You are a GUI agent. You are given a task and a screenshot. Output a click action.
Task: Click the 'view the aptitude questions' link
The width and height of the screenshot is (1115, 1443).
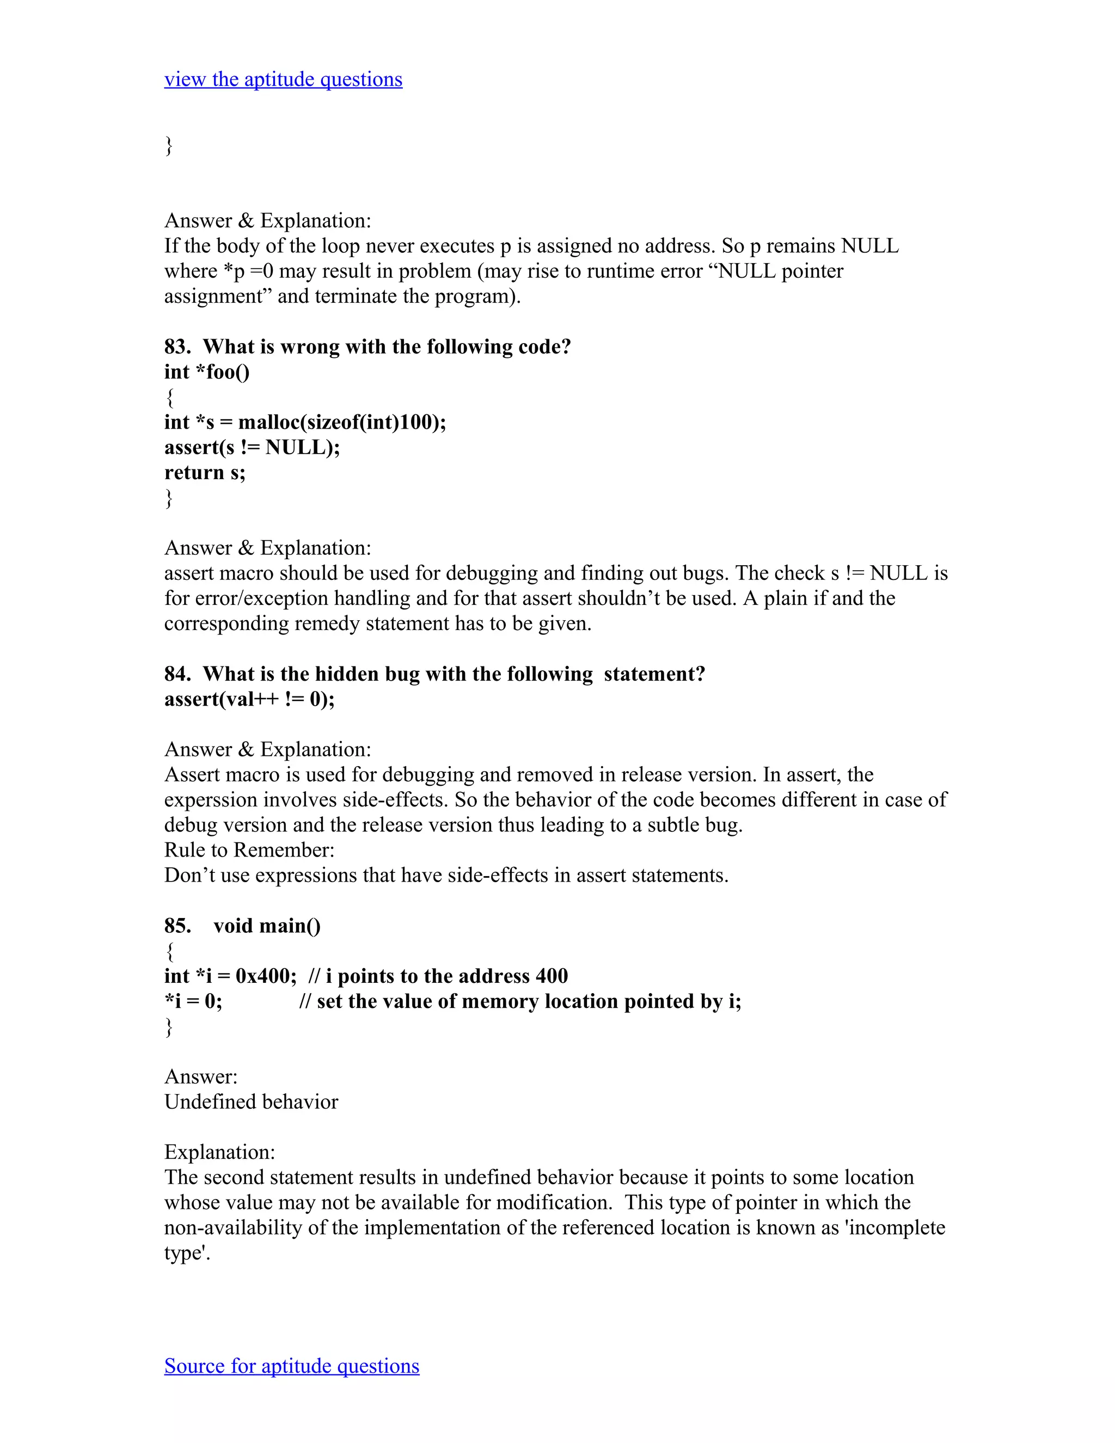point(283,80)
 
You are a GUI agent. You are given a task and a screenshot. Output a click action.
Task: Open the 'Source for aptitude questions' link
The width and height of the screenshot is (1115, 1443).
point(291,1366)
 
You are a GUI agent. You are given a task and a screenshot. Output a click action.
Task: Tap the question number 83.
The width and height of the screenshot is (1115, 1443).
point(176,347)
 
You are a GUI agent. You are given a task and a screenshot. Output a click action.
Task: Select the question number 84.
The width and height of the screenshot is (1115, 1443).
point(176,674)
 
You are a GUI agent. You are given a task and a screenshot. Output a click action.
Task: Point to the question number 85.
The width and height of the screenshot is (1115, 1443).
point(176,926)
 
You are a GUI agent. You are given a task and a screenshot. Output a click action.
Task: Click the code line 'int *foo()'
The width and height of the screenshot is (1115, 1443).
point(207,372)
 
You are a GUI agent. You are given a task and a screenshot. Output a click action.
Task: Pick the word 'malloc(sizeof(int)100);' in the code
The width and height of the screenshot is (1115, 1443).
point(342,422)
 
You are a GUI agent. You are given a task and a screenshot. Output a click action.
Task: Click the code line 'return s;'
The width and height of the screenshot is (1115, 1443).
point(205,473)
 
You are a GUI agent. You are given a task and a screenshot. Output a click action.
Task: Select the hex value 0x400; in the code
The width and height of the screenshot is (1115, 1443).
point(266,976)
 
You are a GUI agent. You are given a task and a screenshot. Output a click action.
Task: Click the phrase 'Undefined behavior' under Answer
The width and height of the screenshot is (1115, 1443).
point(251,1102)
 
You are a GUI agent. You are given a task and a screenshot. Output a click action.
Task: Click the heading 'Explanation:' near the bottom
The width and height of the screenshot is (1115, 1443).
point(219,1152)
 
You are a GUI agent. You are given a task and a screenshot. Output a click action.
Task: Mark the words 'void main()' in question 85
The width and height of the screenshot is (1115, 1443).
point(267,926)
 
